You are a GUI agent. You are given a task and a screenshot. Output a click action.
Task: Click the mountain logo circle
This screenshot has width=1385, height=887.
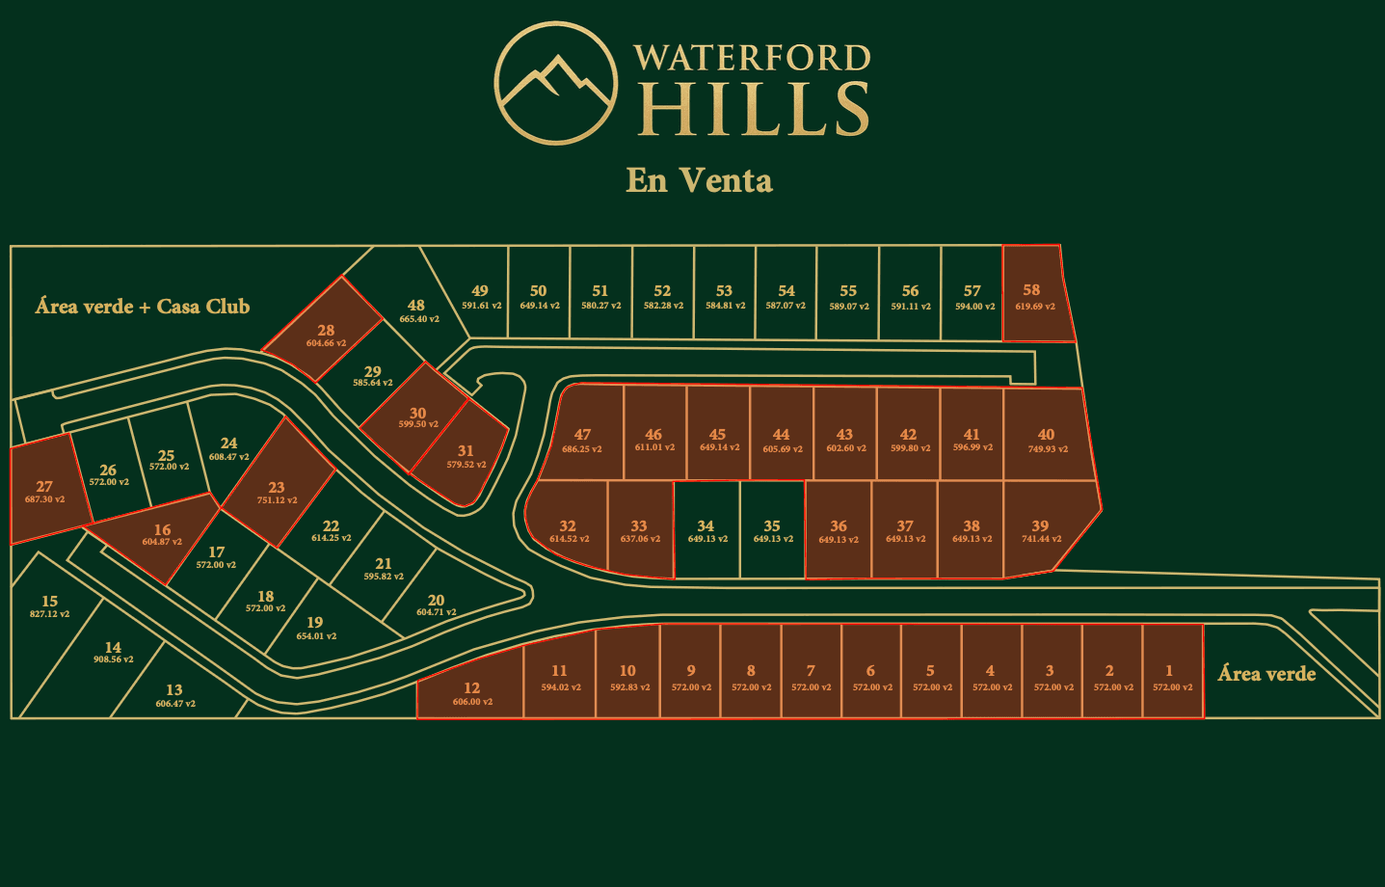tap(556, 83)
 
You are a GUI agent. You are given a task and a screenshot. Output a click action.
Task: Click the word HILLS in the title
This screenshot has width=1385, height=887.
tap(755, 108)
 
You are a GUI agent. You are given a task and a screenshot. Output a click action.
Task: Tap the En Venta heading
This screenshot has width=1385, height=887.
tap(699, 180)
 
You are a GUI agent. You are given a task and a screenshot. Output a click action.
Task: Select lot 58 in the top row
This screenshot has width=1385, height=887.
tap(1035, 295)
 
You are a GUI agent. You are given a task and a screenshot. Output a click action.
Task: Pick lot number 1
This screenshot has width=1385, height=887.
tap(1172, 677)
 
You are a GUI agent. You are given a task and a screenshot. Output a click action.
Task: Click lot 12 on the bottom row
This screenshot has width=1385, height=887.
tap(471, 693)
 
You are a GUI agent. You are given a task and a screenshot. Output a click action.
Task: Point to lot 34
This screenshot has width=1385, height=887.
tap(706, 531)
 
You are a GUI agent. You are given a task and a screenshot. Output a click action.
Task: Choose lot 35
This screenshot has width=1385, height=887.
tap(772, 531)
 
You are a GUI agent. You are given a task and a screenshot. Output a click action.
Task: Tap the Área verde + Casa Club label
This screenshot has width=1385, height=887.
tap(143, 307)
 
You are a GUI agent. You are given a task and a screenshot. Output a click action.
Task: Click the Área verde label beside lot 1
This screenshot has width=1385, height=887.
tap(1266, 674)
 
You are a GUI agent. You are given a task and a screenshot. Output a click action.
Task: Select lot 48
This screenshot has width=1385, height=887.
tap(417, 310)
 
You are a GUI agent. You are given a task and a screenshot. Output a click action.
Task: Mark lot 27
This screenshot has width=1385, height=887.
tap(44, 492)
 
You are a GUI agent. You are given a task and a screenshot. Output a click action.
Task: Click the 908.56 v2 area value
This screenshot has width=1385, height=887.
tap(114, 659)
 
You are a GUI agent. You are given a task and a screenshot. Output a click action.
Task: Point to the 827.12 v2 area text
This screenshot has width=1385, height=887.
tap(49, 614)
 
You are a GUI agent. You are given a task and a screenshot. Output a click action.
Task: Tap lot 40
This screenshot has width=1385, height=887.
tap(1047, 440)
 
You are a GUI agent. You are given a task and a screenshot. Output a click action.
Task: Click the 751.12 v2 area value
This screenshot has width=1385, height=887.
tap(277, 500)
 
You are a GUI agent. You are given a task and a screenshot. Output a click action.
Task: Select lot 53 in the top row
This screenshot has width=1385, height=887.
tap(725, 296)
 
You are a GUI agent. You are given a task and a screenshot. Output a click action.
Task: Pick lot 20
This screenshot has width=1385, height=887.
tap(436, 605)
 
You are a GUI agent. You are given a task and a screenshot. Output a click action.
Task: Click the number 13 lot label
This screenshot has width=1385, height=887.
tap(174, 689)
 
